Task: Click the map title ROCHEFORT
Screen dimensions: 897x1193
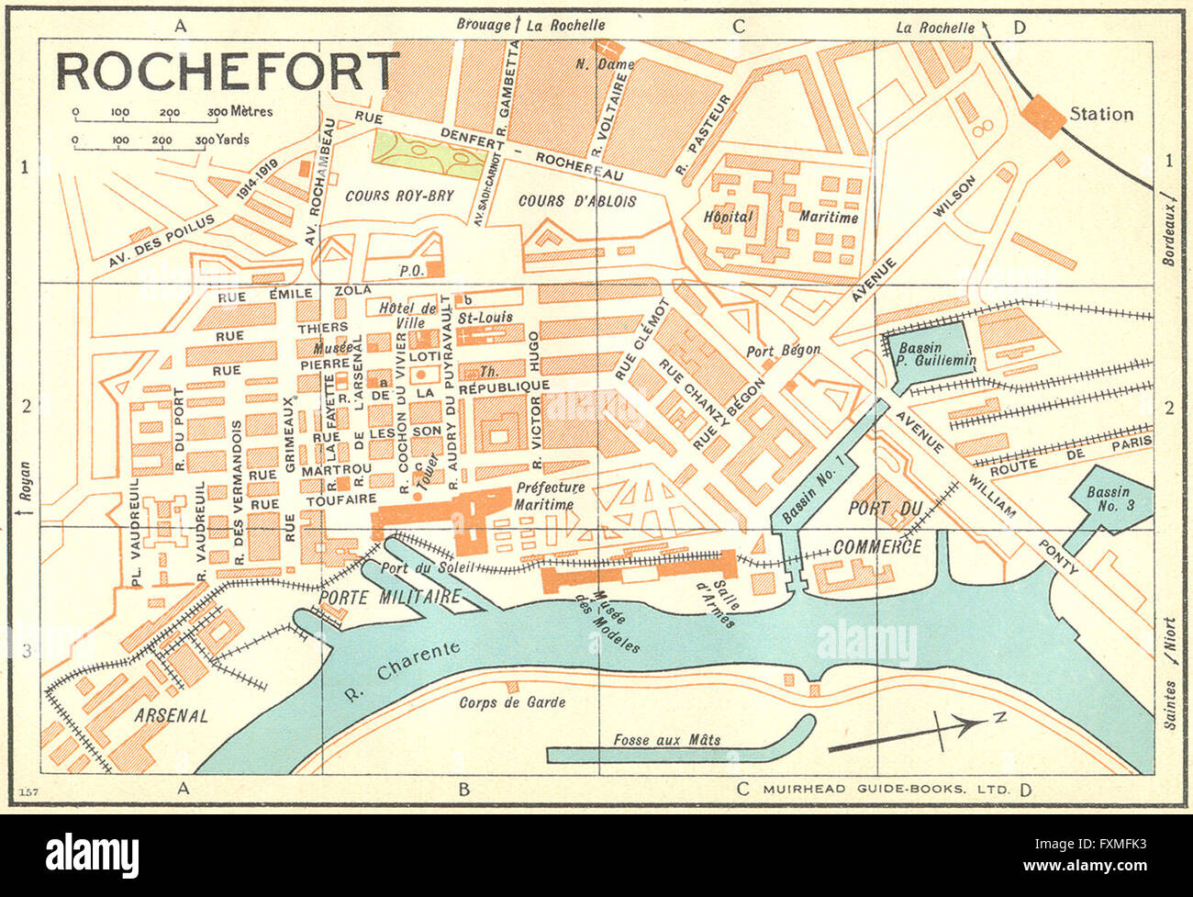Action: (228, 72)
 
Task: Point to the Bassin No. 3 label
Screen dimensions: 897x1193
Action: (1109, 499)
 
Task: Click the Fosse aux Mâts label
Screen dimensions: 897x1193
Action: (666, 740)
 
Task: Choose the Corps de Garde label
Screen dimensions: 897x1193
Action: (511, 702)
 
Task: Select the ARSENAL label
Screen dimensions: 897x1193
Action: (171, 714)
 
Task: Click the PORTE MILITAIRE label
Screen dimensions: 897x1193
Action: (389, 597)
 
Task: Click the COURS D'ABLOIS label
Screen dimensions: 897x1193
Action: (577, 201)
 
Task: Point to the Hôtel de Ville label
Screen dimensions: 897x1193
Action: (407, 315)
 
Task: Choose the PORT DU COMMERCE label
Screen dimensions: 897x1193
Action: (879, 527)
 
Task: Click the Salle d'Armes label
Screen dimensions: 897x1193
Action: (716, 602)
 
